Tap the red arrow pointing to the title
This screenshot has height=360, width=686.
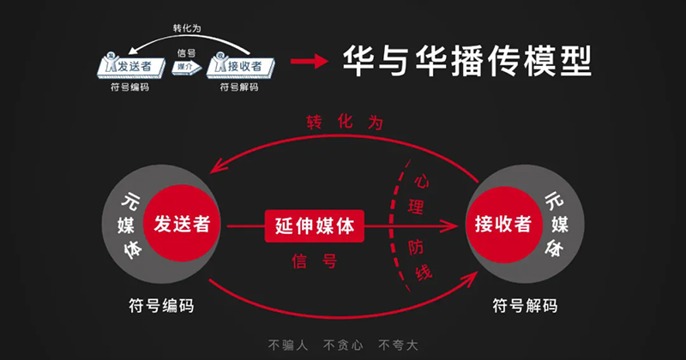pos(310,62)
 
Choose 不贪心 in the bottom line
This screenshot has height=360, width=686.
pos(342,345)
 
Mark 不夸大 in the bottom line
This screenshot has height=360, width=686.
pos(398,345)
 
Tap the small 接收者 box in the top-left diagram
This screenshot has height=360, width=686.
pos(242,65)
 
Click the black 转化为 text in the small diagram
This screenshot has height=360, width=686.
pos(187,28)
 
